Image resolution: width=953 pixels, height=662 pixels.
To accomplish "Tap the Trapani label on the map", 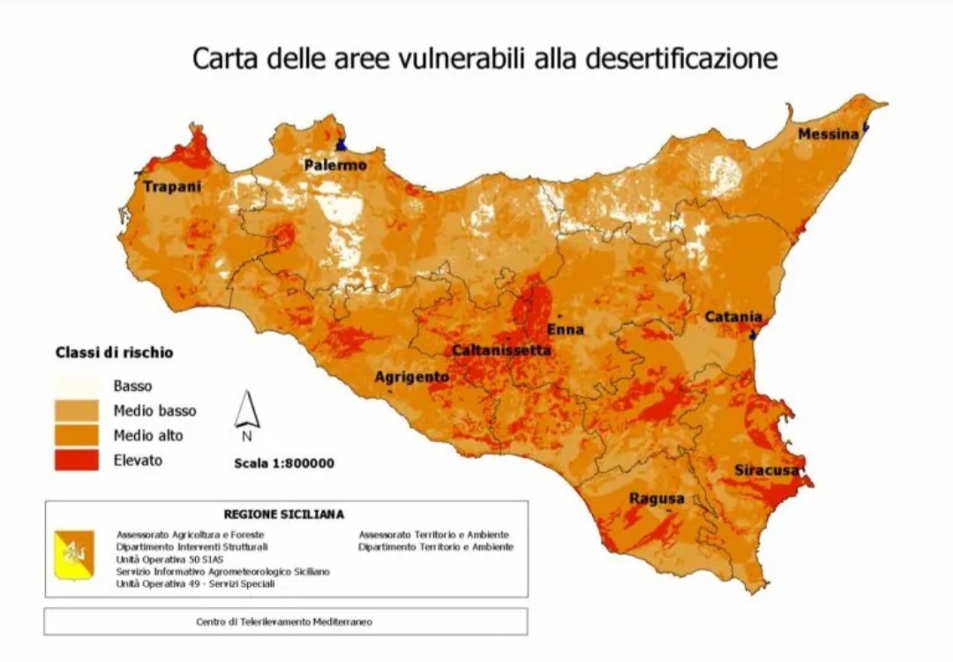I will [x=172, y=186].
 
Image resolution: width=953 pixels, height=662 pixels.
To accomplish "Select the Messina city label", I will [x=828, y=134].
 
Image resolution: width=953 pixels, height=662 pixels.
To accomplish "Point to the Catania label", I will [x=732, y=317].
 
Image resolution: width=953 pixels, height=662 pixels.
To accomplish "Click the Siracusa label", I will [x=767, y=470].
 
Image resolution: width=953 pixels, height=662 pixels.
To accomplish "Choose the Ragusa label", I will [x=656, y=499].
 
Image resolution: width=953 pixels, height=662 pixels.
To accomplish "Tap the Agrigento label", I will [x=411, y=377].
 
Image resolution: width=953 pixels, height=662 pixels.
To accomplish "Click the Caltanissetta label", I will [x=501, y=350].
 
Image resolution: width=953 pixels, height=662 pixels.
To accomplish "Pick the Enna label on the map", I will [x=566, y=329].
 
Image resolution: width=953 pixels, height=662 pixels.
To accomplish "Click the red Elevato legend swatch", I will [x=77, y=460].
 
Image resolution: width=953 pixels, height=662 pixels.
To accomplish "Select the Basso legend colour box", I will [x=77, y=386].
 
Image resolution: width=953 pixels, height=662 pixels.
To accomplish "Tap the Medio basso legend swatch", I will [x=77, y=410].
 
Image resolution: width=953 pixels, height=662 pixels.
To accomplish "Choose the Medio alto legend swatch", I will [x=77, y=435].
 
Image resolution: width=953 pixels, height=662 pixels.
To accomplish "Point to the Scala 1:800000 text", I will [x=283, y=463].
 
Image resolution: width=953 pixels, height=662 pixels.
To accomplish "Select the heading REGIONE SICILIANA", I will [x=283, y=514].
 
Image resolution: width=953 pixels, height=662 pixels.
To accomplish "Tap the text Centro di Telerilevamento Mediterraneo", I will [x=283, y=621].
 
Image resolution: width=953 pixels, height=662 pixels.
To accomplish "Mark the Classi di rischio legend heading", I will [x=114, y=352].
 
